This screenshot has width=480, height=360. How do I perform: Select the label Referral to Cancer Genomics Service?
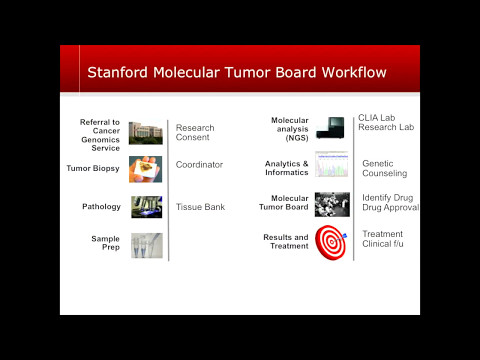tap(100, 134)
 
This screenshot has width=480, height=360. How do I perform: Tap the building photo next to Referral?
tap(145, 132)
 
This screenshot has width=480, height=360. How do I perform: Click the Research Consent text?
tap(195, 133)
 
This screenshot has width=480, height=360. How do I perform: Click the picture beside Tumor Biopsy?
tap(145, 169)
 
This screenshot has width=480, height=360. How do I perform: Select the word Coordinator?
tap(199, 165)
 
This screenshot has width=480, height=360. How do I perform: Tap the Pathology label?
tap(101, 207)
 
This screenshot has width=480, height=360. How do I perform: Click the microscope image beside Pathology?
tap(145, 207)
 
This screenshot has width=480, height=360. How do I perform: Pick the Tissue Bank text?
tap(200, 207)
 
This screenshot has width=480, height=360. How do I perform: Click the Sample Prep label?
tap(105, 242)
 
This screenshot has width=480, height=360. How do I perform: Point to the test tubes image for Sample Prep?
tap(145, 244)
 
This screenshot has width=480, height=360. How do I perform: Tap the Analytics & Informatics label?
tap(286, 167)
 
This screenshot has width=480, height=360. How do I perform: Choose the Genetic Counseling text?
tap(385, 168)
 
